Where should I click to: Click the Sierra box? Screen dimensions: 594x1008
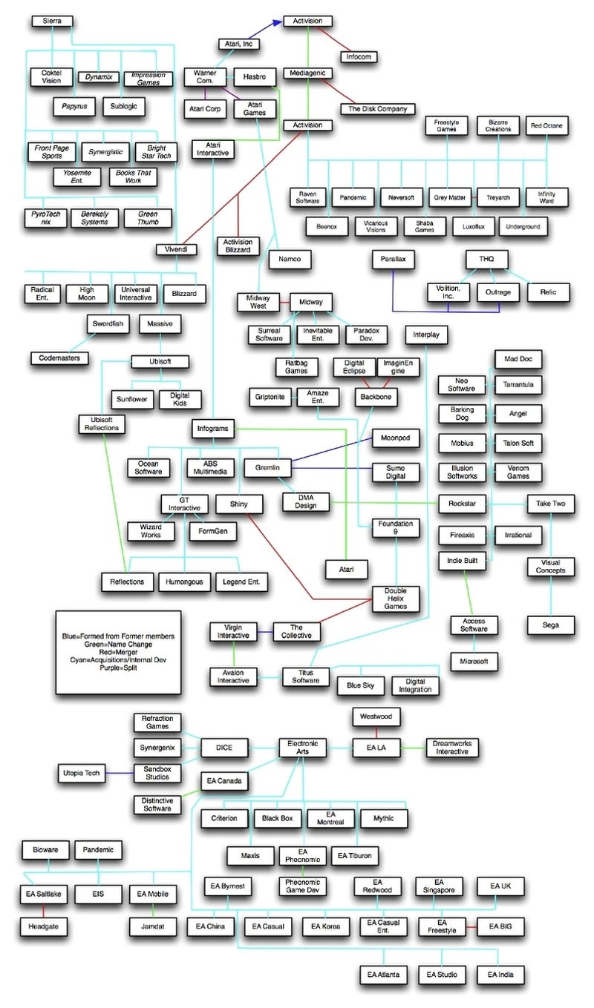52,22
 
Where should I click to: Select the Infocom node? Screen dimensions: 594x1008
359,56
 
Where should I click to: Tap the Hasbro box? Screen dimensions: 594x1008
255,77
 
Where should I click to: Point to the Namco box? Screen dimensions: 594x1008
290,259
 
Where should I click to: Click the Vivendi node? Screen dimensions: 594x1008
176,249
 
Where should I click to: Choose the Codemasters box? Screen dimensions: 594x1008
59,358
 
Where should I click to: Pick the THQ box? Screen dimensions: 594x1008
486,259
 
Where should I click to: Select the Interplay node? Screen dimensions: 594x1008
426,335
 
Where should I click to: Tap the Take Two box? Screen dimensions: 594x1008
550,504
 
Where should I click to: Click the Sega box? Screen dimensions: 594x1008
550,625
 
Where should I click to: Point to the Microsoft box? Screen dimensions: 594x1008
474,661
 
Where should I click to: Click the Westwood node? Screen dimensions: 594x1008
376,717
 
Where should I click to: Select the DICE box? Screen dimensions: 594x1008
223,748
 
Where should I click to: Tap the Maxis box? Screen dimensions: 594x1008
250,855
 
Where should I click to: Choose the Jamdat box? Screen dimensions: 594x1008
153,926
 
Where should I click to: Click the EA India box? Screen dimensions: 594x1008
500,975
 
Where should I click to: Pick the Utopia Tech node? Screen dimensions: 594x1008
82,773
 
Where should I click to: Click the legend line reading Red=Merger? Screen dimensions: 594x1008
119,652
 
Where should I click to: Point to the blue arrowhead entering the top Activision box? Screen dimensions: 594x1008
277,23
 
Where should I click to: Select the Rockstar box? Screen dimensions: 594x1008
462,504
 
